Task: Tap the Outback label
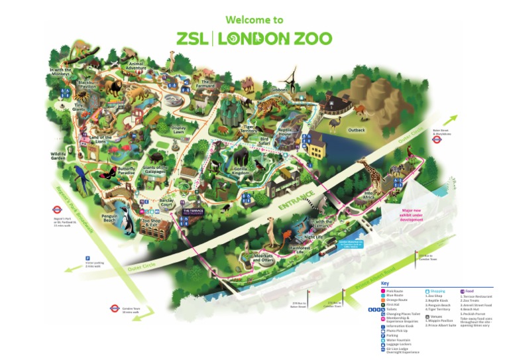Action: click(x=357, y=130)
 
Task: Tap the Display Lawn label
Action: click(x=178, y=130)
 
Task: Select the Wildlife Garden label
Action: click(x=60, y=156)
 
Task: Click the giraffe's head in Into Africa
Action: click(x=364, y=162)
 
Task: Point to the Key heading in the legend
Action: click(x=384, y=284)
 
